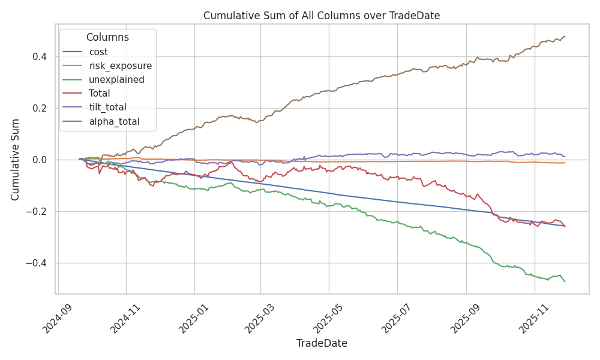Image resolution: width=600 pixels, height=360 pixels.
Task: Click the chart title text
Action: pyautogui.click(x=322, y=16)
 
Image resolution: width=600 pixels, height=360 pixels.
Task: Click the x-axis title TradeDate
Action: pyautogui.click(x=322, y=343)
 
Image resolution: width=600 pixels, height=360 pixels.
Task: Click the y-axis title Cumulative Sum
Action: pyautogui.click(x=16, y=160)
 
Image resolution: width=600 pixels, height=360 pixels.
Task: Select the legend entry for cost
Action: pyautogui.click(x=98, y=52)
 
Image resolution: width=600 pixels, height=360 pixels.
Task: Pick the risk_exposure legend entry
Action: pyautogui.click(x=120, y=65)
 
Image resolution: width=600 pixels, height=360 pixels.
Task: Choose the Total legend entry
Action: pyautogui.click(x=99, y=93)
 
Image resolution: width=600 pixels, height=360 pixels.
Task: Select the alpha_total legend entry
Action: pyautogui.click(x=114, y=121)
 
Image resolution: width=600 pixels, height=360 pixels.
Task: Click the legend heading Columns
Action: pyautogui.click(x=107, y=37)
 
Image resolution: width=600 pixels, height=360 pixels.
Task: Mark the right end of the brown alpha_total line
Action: pyautogui.click(x=565, y=37)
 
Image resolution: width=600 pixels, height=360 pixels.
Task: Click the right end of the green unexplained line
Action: pyautogui.click(x=565, y=281)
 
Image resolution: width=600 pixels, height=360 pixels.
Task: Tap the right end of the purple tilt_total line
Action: pyautogui.click(x=565, y=157)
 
